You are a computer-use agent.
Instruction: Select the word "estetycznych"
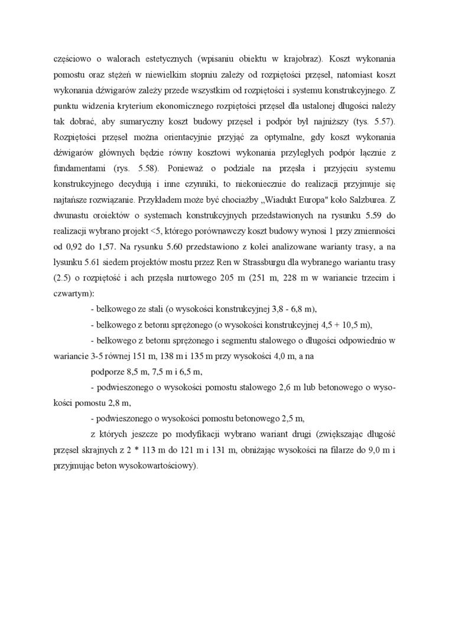[x=178, y=60]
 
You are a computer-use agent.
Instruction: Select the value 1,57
[x=113, y=244]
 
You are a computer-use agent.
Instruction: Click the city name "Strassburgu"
[x=263, y=260]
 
